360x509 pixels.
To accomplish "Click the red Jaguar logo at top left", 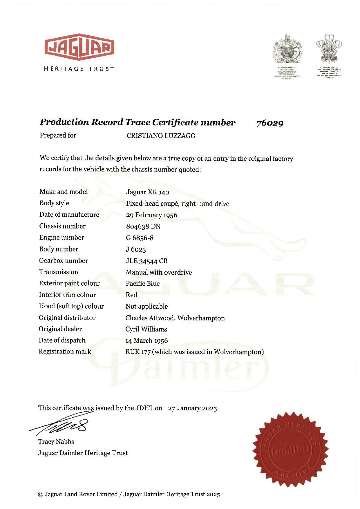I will coord(79,48).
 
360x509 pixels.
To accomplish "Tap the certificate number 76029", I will coord(269,123).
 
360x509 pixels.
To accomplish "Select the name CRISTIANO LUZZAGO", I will coord(161,136).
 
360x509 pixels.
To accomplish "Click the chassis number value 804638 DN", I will coord(143,227).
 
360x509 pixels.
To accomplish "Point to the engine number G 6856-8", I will coord(140,238).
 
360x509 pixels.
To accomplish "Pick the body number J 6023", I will coord(136,249).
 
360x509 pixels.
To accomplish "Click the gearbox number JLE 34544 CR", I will coord(146,261).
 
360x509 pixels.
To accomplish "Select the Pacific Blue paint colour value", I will coord(142,284).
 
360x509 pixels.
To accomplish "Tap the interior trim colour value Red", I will coord(131,295).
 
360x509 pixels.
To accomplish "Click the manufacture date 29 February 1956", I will coord(151,215).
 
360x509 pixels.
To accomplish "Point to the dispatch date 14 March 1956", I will coord(146,340).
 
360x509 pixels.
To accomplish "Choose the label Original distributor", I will coord(67,318).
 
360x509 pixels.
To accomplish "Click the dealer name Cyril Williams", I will coord(146,329).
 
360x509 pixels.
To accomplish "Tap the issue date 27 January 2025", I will coord(192,408).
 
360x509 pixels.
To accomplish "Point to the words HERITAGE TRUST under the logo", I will coord(79,69).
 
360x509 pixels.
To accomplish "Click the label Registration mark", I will coord(65,352).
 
